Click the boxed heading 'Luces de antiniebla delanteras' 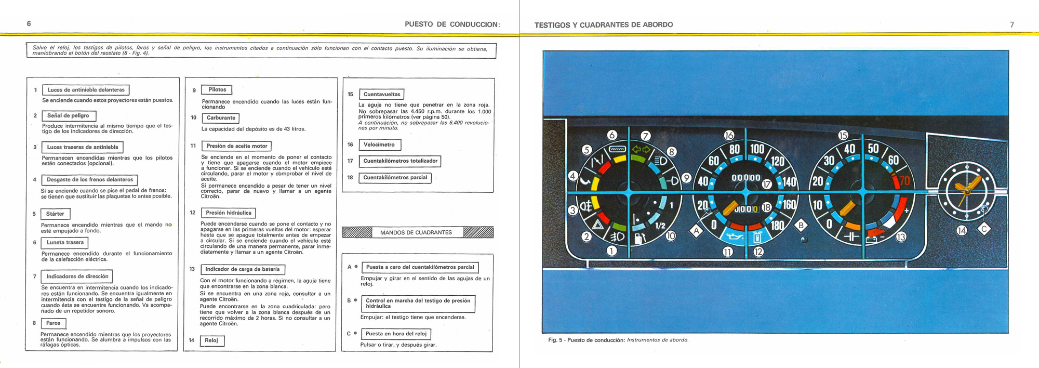point(86,90)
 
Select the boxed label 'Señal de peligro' point(68,116)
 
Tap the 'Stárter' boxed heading point(55,214)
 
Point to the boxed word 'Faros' point(53,323)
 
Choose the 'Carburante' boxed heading point(221,118)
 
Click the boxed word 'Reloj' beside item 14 point(211,341)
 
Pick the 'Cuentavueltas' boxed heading point(382,95)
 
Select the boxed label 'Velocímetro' point(379,144)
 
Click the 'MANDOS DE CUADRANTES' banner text point(416,232)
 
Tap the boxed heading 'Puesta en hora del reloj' point(396,334)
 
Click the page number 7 point(1011,24)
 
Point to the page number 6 point(29,23)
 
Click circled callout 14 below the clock point(962,230)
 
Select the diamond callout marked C point(984,229)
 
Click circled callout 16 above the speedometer point(729,135)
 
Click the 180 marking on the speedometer point(777,226)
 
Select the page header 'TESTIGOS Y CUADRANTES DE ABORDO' point(603,24)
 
